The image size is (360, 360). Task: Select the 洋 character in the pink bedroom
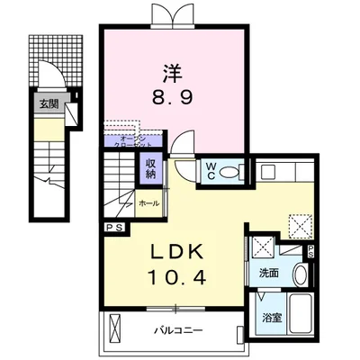[x=174, y=67]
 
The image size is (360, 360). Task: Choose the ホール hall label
[x=149, y=203]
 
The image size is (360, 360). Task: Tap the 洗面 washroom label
[x=268, y=272]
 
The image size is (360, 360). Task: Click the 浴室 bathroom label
[x=273, y=317]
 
